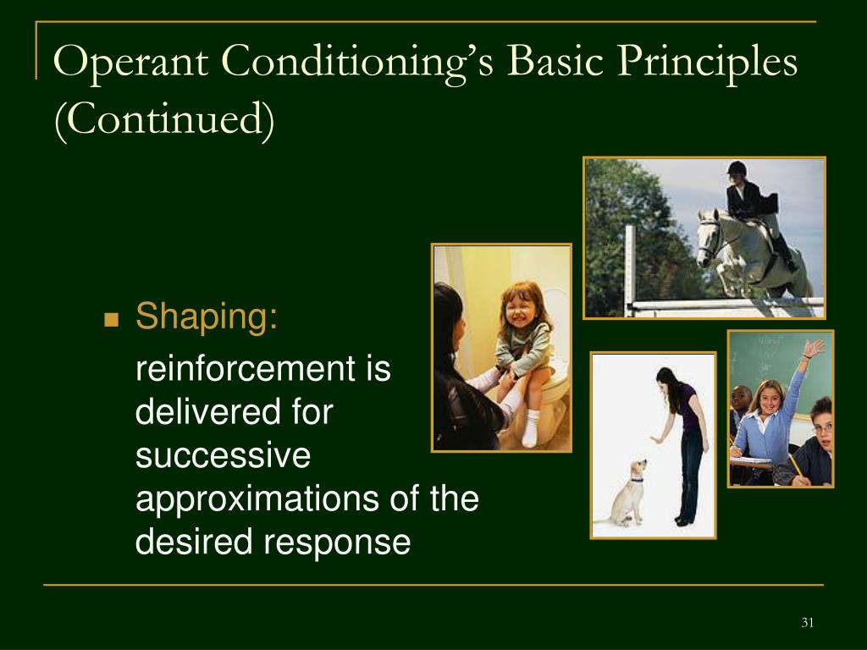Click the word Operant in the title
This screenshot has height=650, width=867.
pyautogui.click(x=131, y=62)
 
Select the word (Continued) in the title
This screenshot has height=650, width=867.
pyautogui.click(x=164, y=119)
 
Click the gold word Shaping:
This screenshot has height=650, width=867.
pyautogui.click(x=207, y=317)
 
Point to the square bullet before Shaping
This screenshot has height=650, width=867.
pyautogui.click(x=111, y=319)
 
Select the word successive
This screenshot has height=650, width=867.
pyautogui.click(x=223, y=455)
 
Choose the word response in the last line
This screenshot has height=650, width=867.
pyautogui.click(x=337, y=543)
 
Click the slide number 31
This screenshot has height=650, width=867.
pyautogui.click(x=807, y=622)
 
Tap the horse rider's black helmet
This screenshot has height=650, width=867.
pyautogui.click(x=737, y=168)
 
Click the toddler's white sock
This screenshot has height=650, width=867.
pyautogui.click(x=530, y=427)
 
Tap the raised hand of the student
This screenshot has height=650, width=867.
pyautogui.click(x=814, y=348)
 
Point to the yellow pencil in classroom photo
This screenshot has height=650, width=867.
pyautogui.click(x=797, y=466)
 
